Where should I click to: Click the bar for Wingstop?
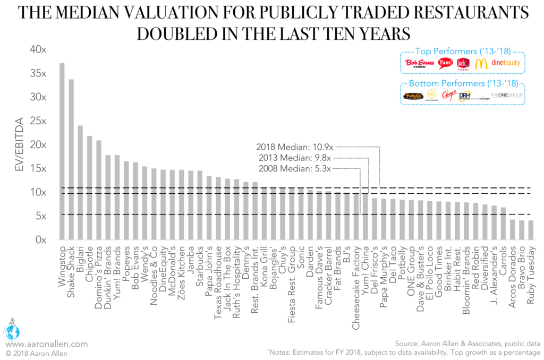(62, 151)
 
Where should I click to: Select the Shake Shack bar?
(71, 159)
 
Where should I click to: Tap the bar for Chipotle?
(90, 188)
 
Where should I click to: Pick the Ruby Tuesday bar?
(531, 230)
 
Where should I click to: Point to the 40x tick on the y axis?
(39, 49)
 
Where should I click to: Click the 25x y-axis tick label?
(39, 121)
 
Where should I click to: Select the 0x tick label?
(41, 240)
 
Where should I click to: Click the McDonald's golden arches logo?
(481, 63)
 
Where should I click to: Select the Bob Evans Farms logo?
(420, 63)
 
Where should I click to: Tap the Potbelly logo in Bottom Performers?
(413, 96)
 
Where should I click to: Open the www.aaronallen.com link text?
(46, 344)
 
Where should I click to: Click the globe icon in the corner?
(12, 331)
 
